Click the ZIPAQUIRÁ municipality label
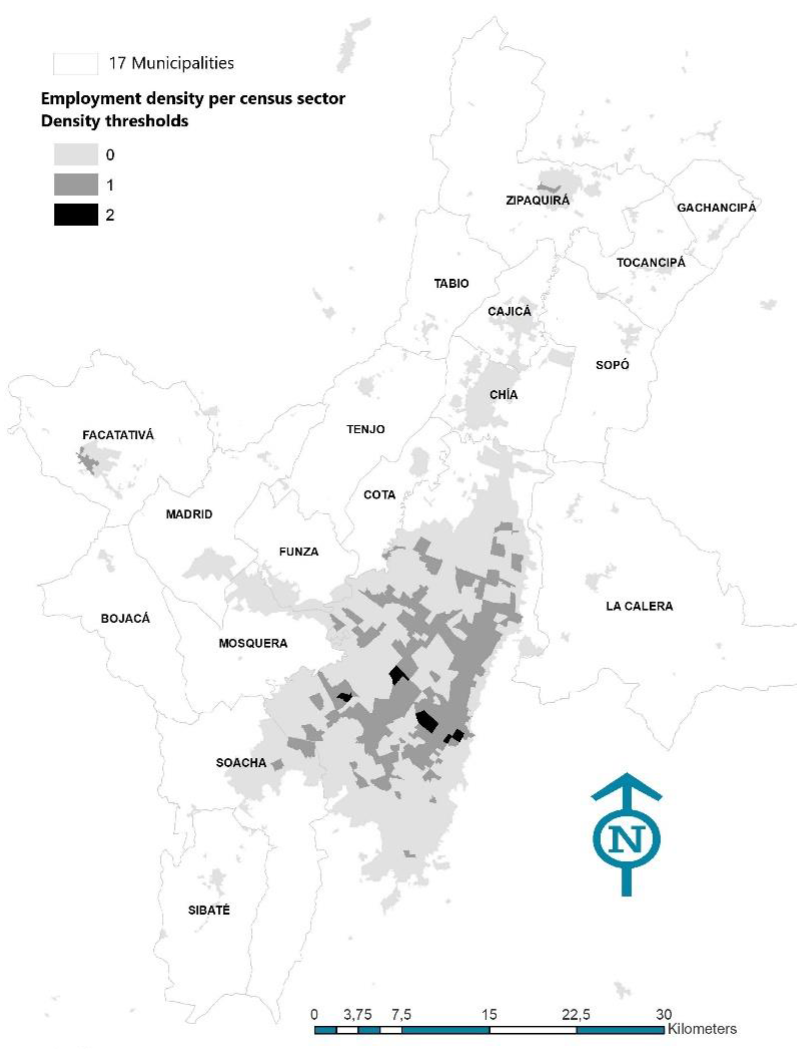click(x=538, y=200)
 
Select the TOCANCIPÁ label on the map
click(x=651, y=263)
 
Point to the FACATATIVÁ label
click(x=118, y=435)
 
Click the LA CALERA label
click(x=639, y=606)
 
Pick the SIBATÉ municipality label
click(x=209, y=910)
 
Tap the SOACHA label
click(x=241, y=763)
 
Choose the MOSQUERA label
click(x=253, y=643)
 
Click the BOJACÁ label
click(x=125, y=618)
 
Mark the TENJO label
click(x=366, y=429)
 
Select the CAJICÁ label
click(x=509, y=311)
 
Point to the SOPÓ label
click(x=612, y=365)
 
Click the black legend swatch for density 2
click(x=76, y=215)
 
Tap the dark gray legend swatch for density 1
click(x=76, y=185)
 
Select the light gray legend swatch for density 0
click(x=76, y=155)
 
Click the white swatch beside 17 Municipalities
click(x=75, y=63)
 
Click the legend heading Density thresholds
click(x=115, y=121)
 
